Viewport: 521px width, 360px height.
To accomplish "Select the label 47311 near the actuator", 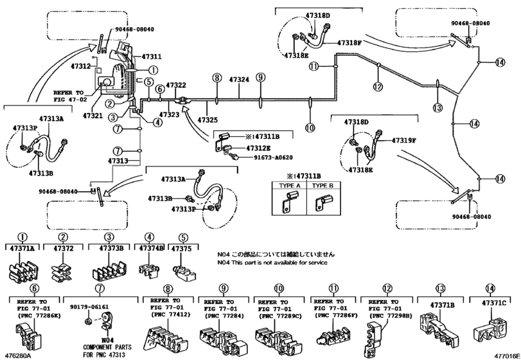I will tap(152, 57).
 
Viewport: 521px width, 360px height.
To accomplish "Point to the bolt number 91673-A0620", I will tap(269, 157).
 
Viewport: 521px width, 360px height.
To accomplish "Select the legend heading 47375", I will tap(183, 248).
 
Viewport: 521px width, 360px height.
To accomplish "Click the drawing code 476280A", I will tap(17, 355).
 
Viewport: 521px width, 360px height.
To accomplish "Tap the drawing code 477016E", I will tap(505, 355).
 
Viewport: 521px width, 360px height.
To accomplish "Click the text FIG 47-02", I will tap(69, 99).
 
